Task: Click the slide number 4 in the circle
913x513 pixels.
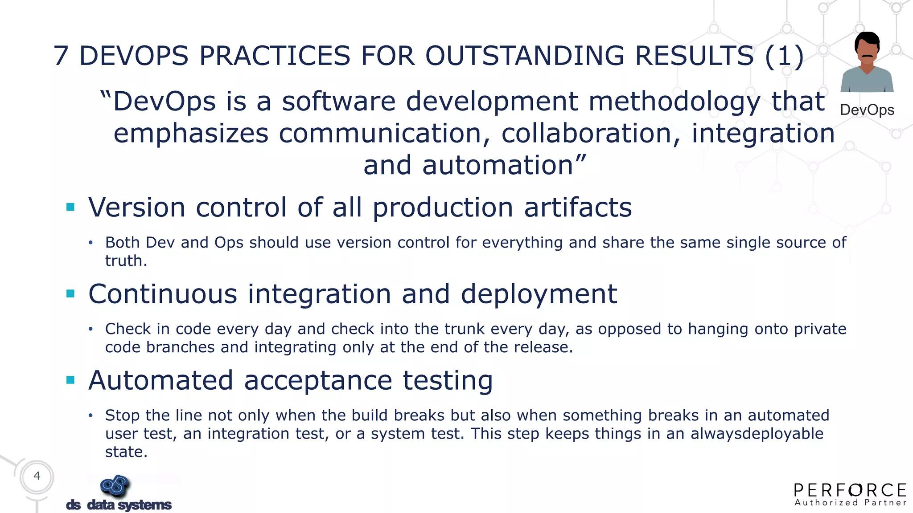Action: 37,476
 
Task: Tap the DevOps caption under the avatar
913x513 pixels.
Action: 867,110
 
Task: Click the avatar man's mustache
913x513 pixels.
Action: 867,56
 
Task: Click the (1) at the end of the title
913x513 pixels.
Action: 784,56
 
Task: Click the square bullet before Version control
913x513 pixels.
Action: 70,207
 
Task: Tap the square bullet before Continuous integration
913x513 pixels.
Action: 70,293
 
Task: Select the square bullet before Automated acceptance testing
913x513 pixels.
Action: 70,380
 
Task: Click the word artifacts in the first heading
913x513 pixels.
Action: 578,208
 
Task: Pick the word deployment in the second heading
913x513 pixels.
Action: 539,294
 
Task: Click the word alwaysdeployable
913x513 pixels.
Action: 757,434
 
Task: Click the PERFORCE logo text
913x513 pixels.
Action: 850,490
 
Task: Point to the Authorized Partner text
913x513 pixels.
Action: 850,503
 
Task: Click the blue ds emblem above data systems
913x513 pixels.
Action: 115,485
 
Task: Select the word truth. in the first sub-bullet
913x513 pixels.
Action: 126,261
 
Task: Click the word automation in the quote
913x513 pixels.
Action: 498,165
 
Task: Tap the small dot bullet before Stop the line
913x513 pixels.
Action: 91,415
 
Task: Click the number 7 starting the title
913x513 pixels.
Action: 61,56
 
